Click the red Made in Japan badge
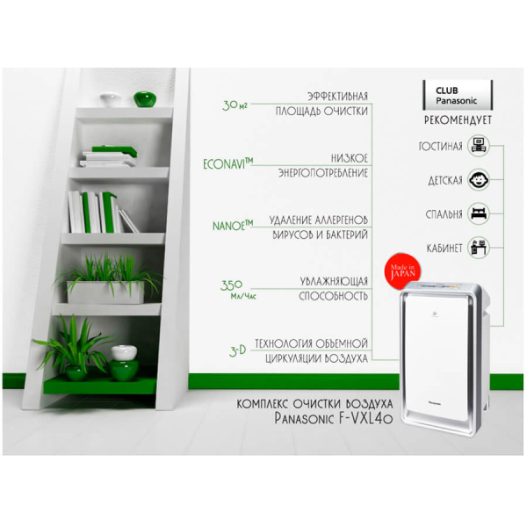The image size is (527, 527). [x=402, y=271]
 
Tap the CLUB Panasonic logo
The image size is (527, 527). [x=458, y=95]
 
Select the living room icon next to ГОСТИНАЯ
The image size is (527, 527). [x=479, y=146]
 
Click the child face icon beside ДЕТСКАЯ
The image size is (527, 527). [x=479, y=180]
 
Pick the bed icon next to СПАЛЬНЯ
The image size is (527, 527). [x=479, y=213]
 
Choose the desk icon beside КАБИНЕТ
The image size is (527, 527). [x=479, y=248]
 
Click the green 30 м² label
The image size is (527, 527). [x=235, y=105]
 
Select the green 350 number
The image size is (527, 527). [x=231, y=285]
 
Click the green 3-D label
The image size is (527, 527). [x=238, y=350]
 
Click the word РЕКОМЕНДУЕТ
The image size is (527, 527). [x=458, y=120]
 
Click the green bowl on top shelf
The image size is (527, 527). [x=145, y=98]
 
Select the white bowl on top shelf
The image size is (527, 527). [x=111, y=99]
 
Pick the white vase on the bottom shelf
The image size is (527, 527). [x=124, y=352]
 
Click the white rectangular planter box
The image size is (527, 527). [x=105, y=292]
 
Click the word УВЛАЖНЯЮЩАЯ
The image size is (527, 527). [x=334, y=281]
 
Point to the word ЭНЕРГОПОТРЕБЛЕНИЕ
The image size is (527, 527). [x=323, y=173]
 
